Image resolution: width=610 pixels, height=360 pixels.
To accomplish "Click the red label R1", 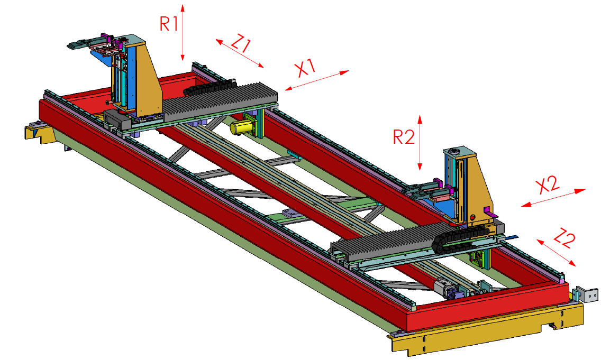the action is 169,24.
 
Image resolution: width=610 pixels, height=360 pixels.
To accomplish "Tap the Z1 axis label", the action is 240,43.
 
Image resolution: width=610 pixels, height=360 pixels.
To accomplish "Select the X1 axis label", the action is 306,67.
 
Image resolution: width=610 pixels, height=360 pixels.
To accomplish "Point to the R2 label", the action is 404,137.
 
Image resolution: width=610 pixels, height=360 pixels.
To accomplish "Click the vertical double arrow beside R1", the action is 183,33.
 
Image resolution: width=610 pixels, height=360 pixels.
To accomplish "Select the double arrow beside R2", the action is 420,143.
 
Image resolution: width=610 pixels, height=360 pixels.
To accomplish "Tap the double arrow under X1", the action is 317,80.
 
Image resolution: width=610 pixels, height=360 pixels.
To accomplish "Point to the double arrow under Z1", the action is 240,53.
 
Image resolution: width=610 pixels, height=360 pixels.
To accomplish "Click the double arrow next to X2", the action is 553,198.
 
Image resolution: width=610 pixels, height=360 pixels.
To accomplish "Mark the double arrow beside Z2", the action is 557,253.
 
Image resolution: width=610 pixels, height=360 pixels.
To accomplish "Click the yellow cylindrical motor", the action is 240,127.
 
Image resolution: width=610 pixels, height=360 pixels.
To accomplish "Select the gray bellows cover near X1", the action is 220,99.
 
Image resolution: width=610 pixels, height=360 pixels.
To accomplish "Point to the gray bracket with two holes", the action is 587,294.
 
